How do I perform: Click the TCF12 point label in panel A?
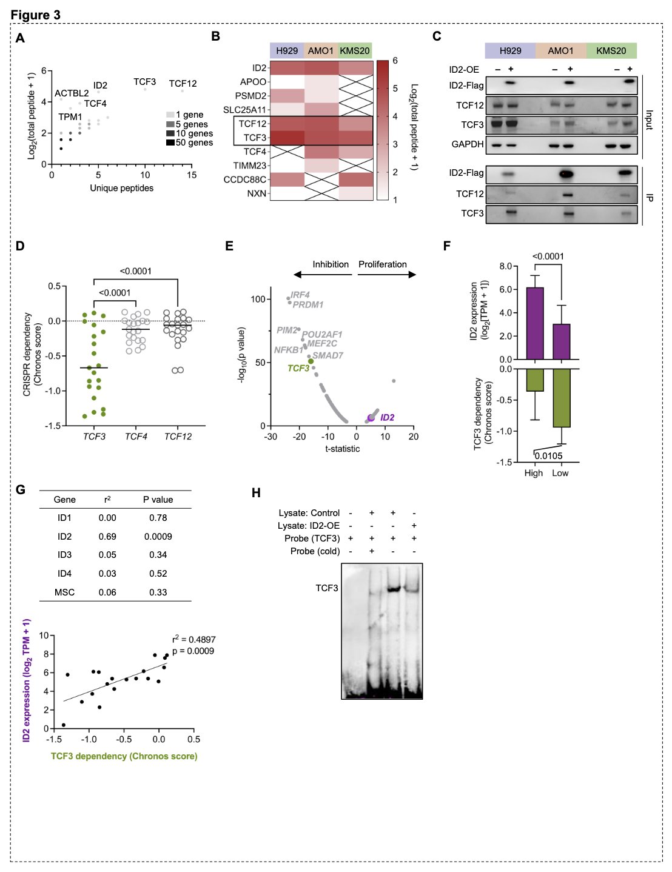point(183,84)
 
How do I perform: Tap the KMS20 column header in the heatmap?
point(354,51)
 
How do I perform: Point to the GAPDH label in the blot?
point(468,144)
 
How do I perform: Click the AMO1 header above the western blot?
point(560,51)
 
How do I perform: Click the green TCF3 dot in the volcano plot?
point(311,361)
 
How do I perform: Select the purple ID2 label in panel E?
point(387,417)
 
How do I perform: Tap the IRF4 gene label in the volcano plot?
point(300,295)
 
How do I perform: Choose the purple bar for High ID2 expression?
point(534,323)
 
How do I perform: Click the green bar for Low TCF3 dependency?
point(562,398)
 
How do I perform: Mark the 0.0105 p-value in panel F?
point(548,456)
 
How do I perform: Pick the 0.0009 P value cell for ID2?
point(158,537)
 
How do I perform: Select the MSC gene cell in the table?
point(64,592)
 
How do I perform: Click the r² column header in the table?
point(107,500)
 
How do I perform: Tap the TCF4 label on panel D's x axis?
point(136,437)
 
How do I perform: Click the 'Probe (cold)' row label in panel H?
point(315,551)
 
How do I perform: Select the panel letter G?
point(21,489)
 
